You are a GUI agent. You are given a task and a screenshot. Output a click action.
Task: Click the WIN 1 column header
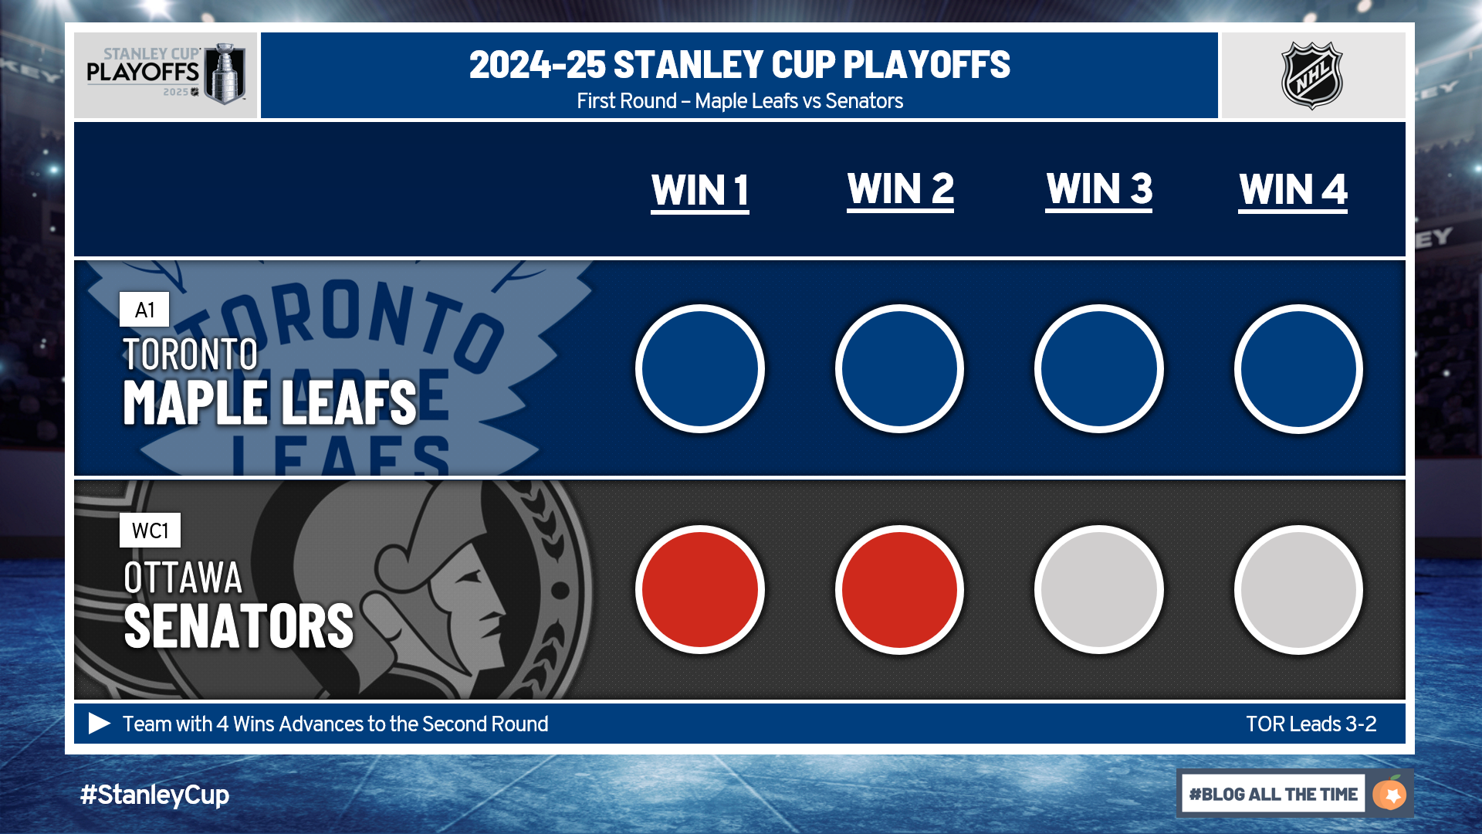[700, 191]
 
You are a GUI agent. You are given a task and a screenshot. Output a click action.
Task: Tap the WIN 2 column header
[901, 189]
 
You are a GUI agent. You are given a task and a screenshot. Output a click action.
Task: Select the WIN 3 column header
[1099, 189]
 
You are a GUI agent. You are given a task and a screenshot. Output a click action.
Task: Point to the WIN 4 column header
[1293, 190]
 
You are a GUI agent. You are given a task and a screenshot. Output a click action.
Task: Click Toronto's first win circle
[700, 368]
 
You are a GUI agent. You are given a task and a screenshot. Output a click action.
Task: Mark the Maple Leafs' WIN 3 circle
[1099, 368]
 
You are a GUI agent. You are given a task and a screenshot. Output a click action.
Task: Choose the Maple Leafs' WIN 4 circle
[1298, 368]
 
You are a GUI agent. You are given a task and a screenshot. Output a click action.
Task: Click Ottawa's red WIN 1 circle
[700, 589]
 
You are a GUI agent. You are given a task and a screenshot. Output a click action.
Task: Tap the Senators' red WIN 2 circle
[899, 589]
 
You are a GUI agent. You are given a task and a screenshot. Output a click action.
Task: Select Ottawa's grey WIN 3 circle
[1099, 589]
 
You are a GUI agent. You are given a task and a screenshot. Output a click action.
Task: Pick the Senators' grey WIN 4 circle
[1298, 589]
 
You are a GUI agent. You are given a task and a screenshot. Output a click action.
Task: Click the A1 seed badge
[144, 310]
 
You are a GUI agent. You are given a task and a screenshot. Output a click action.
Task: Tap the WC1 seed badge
[150, 531]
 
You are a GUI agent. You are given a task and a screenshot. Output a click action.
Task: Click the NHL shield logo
[1312, 76]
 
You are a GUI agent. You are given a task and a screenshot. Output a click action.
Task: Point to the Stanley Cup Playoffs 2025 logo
[166, 74]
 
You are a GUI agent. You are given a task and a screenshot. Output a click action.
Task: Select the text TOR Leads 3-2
[1311, 724]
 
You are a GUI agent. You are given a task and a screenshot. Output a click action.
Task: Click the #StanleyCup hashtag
[154, 795]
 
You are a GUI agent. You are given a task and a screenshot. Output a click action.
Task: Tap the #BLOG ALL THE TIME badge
[1295, 794]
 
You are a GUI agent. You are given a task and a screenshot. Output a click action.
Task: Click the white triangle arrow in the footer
[100, 724]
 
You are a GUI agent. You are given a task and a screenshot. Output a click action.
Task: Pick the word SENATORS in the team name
[239, 625]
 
